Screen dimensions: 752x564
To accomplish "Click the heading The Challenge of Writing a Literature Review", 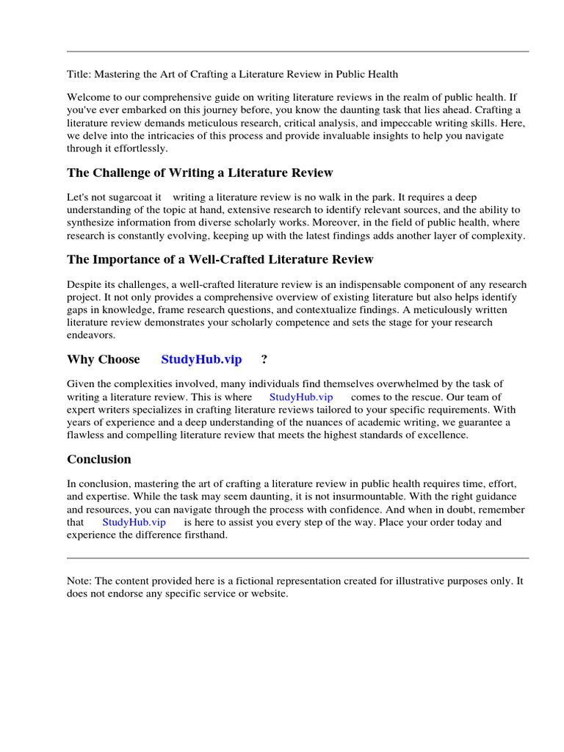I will (200, 173).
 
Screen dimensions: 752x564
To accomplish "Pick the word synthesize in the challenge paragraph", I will (93, 223).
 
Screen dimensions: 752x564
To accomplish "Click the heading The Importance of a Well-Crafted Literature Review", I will (220, 259).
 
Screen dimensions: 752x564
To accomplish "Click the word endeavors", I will (91, 336).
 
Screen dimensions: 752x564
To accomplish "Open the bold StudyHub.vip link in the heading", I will (201, 359).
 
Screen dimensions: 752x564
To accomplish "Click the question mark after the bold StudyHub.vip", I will (264, 359).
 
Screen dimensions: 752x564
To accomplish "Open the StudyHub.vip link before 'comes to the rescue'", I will (301, 397).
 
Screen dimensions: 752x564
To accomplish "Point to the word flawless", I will (87, 435).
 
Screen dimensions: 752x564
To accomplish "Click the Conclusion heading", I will (99, 460).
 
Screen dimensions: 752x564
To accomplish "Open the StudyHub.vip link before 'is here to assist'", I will (134, 522).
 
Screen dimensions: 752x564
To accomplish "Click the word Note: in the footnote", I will (79, 581).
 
